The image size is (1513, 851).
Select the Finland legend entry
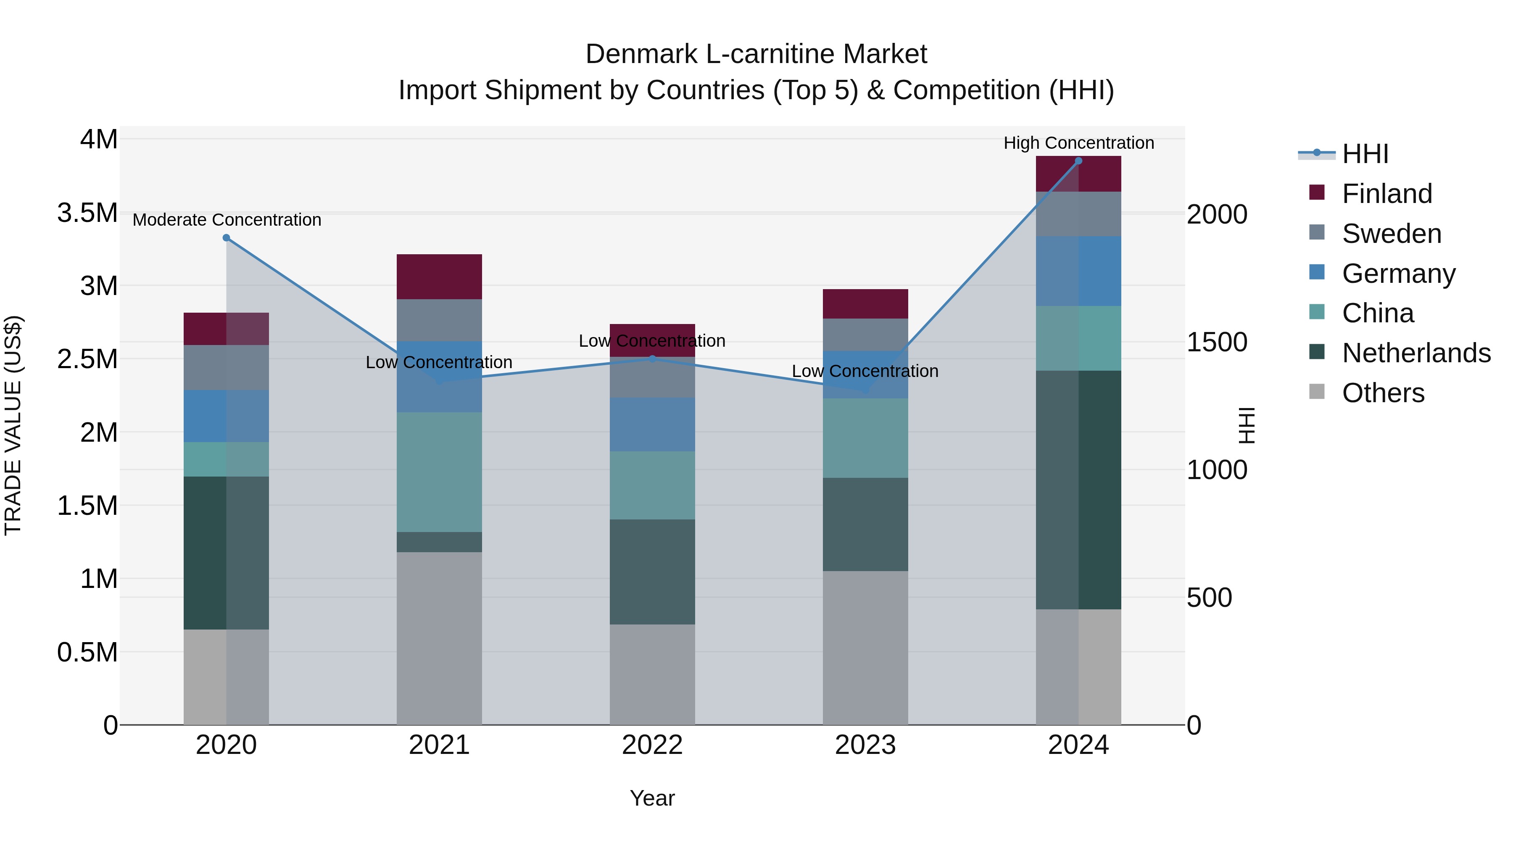[x=1387, y=194]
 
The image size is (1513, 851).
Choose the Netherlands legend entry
[x=1416, y=353]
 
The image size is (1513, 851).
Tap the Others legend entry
[x=1383, y=393]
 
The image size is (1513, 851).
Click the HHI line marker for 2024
[x=1078, y=161]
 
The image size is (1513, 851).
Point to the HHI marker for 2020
[x=226, y=238]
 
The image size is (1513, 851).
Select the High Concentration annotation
[x=1078, y=143]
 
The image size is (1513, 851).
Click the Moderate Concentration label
[x=227, y=220]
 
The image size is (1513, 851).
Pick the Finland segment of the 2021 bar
[x=439, y=277]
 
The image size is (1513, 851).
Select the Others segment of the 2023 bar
[x=865, y=647]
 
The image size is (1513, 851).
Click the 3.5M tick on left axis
[x=87, y=213]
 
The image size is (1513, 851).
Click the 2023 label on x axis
[x=865, y=745]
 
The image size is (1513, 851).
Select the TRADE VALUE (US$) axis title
[x=13, y=425]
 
